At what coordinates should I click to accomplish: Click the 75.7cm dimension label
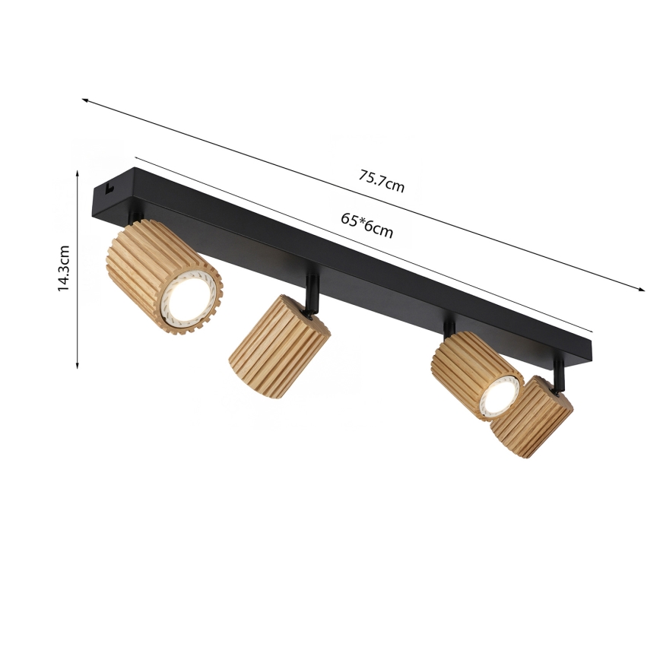(x=382, y=183)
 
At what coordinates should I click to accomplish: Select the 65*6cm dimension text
(x=366, y=225)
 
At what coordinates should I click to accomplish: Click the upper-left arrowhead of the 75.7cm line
(x=84, y=100)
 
